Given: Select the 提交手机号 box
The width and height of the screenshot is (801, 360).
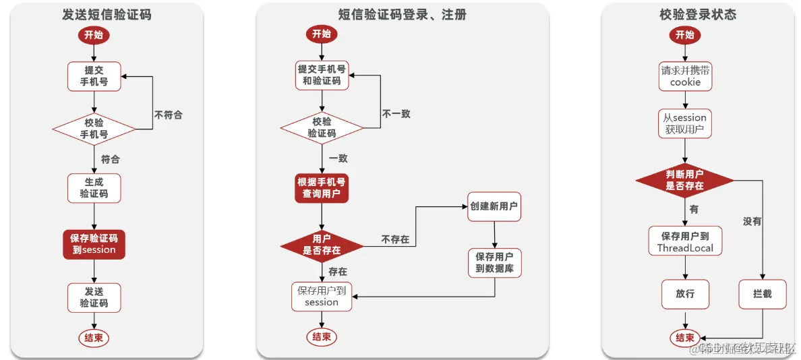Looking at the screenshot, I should click(94, 76).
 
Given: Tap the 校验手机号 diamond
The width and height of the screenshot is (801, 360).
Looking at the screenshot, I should click(94, 128).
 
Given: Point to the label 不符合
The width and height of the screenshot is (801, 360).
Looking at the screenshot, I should click(168, 115).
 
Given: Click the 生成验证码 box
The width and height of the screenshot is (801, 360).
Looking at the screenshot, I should click(94, 187).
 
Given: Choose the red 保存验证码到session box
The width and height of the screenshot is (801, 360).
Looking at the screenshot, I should click(94, 244).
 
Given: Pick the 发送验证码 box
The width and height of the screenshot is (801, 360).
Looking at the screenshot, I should click(94, 297).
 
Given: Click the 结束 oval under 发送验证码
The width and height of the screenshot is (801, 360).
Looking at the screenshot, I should click(94, 338).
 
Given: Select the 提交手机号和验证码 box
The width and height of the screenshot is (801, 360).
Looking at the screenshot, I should click(322, 75).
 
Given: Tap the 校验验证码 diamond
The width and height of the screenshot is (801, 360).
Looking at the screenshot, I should click(322, 127).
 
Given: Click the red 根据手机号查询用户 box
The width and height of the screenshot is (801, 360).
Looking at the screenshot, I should click(322, 188).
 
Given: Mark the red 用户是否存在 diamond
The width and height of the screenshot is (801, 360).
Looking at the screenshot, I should click(322, 244).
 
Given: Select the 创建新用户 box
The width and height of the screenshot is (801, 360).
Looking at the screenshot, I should click(494, 206).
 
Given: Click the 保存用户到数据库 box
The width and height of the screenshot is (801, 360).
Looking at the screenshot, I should click(494, 263).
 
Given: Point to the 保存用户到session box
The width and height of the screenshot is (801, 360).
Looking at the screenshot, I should click(322, 297).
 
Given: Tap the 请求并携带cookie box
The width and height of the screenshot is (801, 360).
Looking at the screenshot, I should click(685, 76).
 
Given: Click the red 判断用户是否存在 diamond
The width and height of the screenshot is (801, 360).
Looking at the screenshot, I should click(684, 180).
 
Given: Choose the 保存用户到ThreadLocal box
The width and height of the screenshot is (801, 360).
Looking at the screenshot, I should click(685, 242).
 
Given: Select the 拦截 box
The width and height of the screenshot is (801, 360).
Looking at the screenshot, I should click(762, 294).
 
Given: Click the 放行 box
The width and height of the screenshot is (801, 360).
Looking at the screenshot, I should click(685, 294).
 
